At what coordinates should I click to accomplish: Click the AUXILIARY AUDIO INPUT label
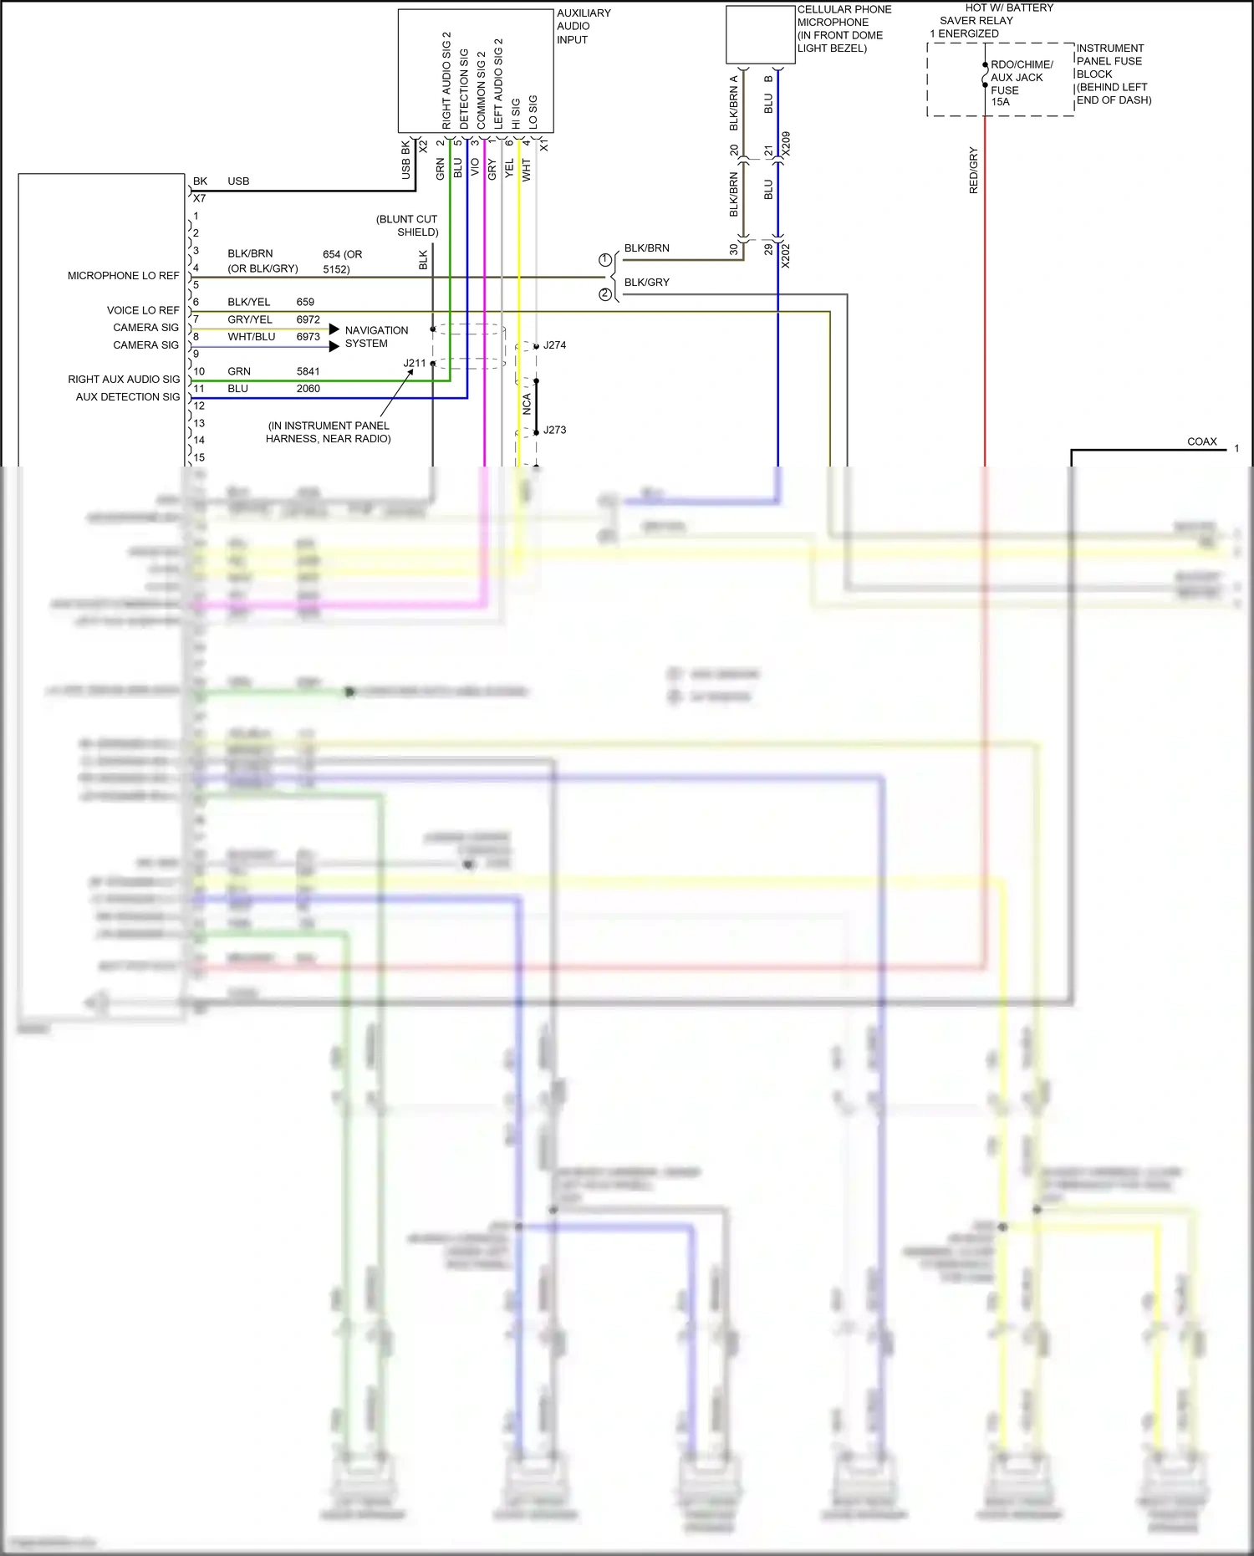pos(584,26)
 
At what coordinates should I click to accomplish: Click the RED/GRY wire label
pos(973,171)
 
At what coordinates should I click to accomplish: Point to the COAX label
pos(1202,441)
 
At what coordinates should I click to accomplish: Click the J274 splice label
pos(554,344)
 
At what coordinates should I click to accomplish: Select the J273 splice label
pos(554,430)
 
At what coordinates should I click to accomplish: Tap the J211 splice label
pos(415,363)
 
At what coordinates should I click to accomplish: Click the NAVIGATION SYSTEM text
pos(376,337)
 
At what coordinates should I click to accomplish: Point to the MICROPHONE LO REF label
pos(123,275)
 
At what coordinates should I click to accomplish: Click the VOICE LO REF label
pos(142,310)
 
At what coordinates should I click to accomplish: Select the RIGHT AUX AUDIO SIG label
pos(124,380)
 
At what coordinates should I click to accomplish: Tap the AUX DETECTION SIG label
pos(127,397)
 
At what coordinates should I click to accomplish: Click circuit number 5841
pos(308,371)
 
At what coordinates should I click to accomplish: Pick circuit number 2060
pos(308,389)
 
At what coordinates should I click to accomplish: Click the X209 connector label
pos(786,143)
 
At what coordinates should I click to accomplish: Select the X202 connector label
pos(786,256)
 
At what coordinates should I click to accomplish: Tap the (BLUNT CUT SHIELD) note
pos(408,226)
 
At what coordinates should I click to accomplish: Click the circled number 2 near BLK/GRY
pos(605,294)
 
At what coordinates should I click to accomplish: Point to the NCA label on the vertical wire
pos(527,405)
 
